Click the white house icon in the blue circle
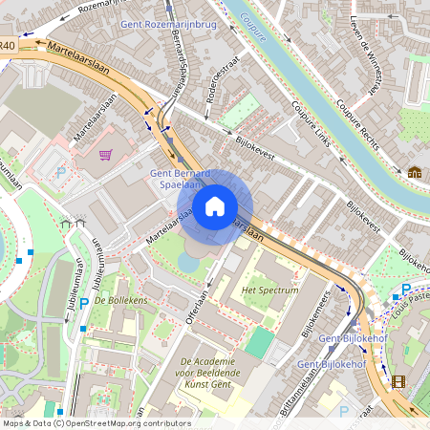tap(215, 205)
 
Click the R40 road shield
tap(8, 45)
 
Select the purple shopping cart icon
tap(105, 154)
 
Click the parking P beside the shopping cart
tap(61, 173)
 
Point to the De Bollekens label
tap(120, 301)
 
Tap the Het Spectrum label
tap(270, 290)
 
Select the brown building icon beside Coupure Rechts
tap(415, 173)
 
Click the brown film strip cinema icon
tap(398, 381)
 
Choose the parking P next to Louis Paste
tap(406, 290)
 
